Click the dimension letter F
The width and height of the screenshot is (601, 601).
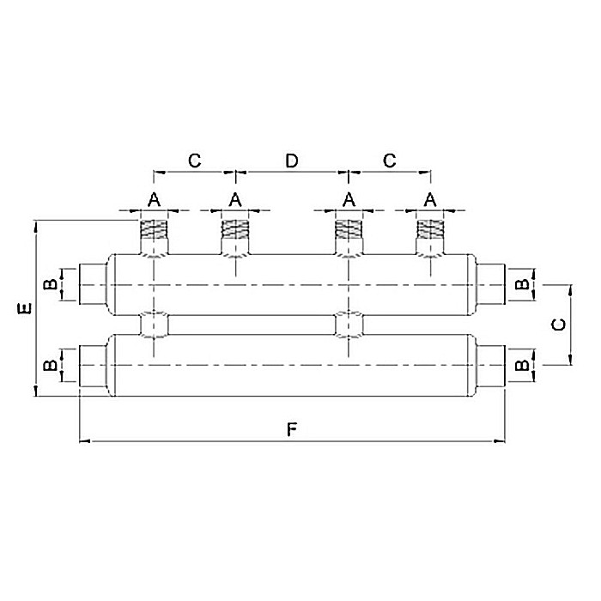(292, 428)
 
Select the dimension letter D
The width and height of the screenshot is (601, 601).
(292, 161)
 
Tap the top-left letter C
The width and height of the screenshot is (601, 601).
(194, 161)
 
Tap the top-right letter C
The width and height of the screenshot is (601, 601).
(389, 161)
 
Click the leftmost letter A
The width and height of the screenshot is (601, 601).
(154, 199)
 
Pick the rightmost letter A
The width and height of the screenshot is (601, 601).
(430, 199)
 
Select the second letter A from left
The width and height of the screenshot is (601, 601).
(234, 199)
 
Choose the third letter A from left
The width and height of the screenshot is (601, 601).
(349, 199)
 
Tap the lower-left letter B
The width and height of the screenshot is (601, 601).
(51, 365)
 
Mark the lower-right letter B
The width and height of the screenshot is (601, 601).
(520, 365)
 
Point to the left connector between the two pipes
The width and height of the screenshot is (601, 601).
(155, 325)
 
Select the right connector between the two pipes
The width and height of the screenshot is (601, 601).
(349, 325)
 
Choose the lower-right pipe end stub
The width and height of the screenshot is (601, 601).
(490, 365)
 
